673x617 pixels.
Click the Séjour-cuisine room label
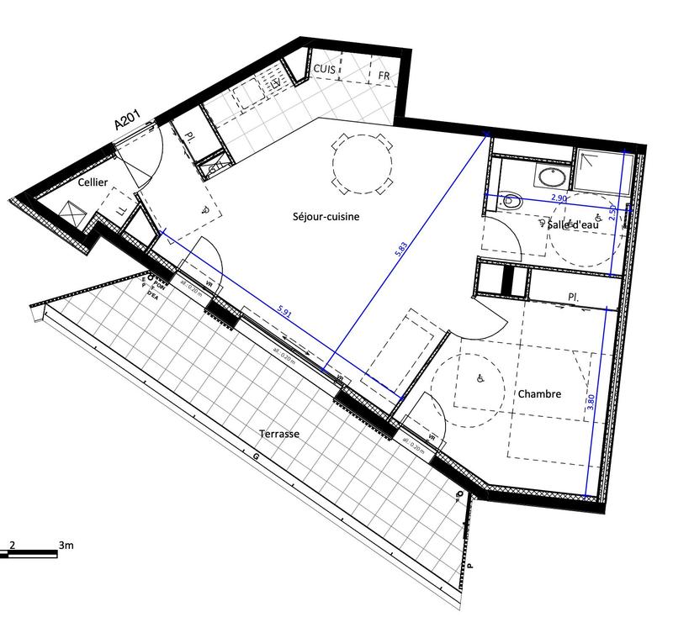click(x=326, y=217)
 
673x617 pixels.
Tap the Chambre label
click(x=539, y=393)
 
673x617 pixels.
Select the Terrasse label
click(x=279, y=433)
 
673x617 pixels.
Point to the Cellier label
click(x=93, y=182)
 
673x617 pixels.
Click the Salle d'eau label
click(x=572, y=224)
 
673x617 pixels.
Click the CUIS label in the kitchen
click(x=326, y=66)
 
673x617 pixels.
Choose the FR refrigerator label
click(x=384, y=76)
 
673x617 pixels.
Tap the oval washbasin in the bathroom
click(x=553, y=177)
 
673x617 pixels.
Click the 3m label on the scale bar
click(x=66, y=546)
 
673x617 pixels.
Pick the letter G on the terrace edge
click(x=255, y=456)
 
